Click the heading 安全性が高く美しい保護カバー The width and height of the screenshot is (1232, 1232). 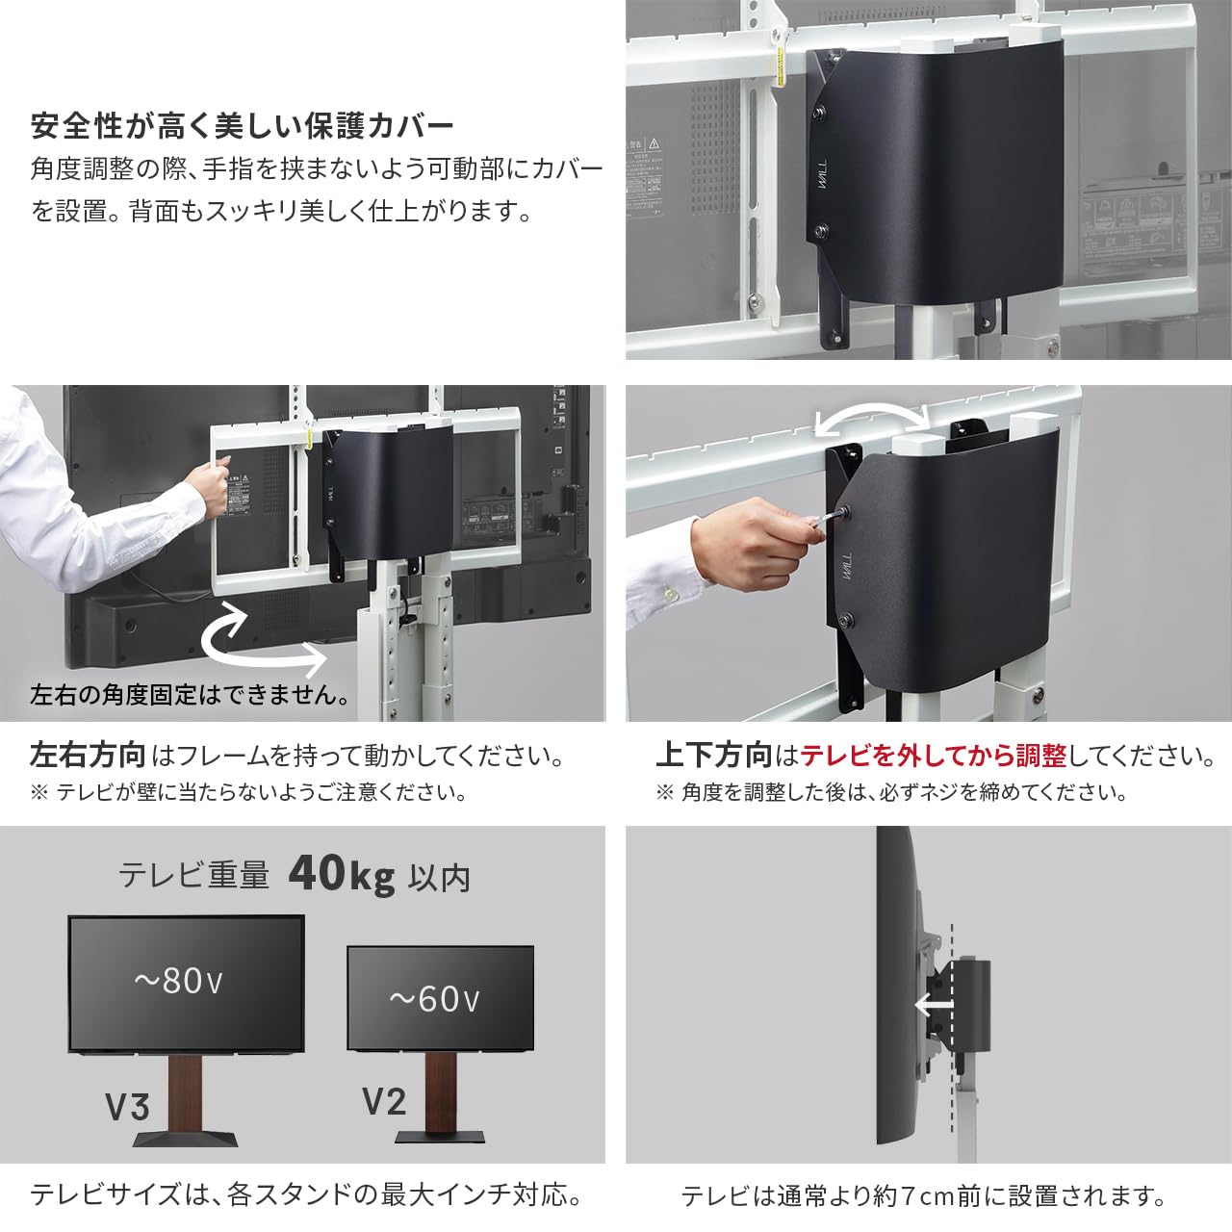[x=242, y=126]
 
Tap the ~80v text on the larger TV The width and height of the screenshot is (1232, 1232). [x=179, y=981]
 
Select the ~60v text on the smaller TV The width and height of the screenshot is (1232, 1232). [x=434, y=999]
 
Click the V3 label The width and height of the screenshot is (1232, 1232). [x=127, y=1108]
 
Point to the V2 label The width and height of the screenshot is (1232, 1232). [x=384, y=1101]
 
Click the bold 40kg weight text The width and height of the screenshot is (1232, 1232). [x=342, y=875]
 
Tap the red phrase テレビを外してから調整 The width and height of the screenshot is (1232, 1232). [x=934, y=756]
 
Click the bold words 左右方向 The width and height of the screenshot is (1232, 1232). [x=88, y=756]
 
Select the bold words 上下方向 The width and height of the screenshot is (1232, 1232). [x=713, y=756]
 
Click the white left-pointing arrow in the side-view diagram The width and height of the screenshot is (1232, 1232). [x=933, y=1007]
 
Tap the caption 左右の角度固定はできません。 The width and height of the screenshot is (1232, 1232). [x=191, y=694]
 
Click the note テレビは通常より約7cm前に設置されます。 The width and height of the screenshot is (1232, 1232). [x=923, y=1196]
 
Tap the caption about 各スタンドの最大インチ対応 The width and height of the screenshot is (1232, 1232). [x=306, y=1195]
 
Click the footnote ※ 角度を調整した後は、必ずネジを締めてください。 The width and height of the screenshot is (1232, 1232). [x=891, y=793]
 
